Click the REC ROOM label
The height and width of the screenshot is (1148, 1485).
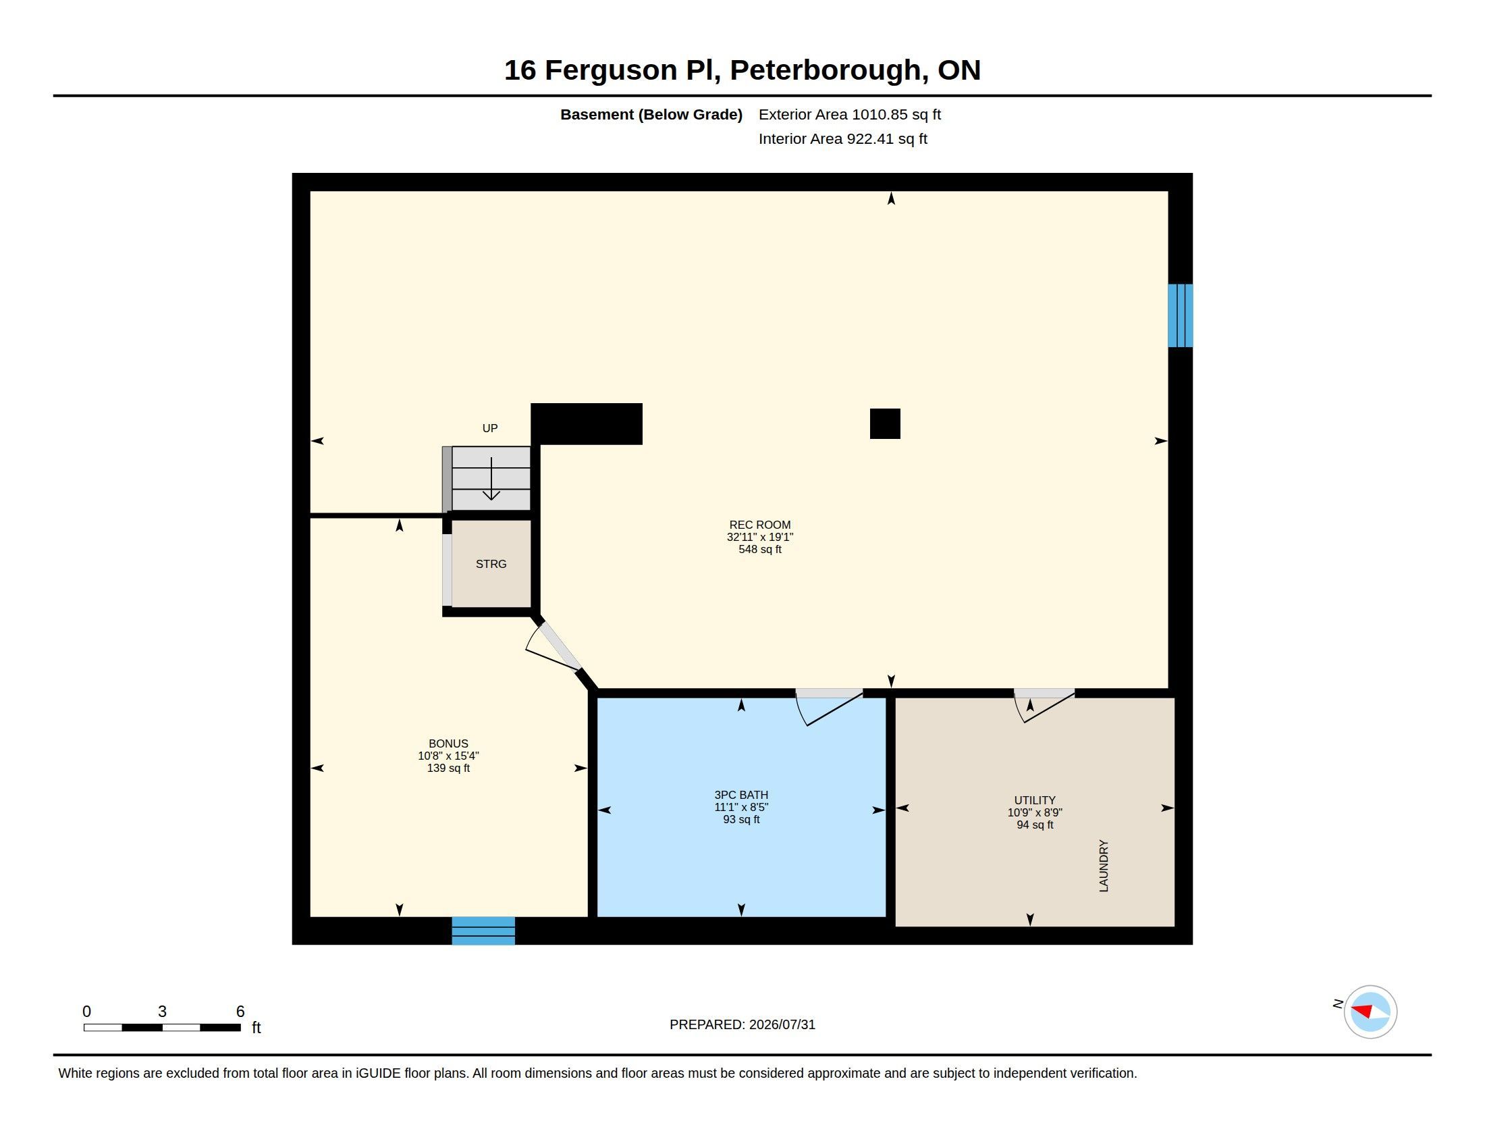coord(759,537)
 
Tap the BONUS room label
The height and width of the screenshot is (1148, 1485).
coord(448,756)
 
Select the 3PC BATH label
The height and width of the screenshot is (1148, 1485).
coord(741,806)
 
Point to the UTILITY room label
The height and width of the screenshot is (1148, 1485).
coord(1034,812)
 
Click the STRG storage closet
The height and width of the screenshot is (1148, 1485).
coord(491,564)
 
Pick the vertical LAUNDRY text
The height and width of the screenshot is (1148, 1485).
coord(1104,865)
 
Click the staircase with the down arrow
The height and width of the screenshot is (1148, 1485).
coord(491,478)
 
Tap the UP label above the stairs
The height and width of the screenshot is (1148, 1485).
coord(489,427)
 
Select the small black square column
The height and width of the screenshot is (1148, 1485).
coord(885,423)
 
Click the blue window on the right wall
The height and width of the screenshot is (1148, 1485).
coord(1180,315)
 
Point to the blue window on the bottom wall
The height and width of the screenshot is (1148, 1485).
coord(483,931)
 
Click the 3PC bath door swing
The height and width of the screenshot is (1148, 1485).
coord(828,707)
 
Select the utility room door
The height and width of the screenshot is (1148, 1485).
coord(1044,705)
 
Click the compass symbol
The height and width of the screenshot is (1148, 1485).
coord(1370,1012)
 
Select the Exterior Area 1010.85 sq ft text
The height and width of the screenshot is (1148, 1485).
coord(849,114)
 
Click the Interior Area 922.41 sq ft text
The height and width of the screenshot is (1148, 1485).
coord(842,138)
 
